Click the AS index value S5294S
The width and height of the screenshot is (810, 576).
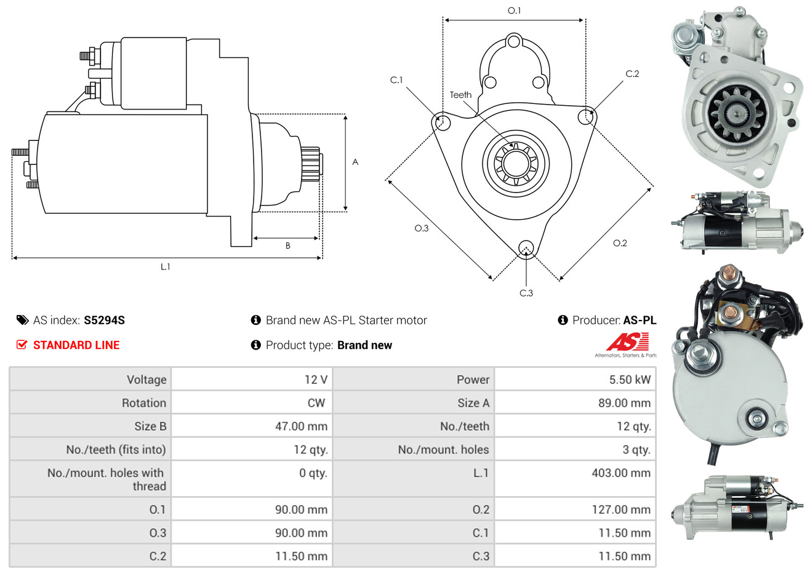(x=104, y=321)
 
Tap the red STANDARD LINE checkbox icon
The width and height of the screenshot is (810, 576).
(x=22, y=345)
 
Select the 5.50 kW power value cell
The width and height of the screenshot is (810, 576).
(x=630, y=380)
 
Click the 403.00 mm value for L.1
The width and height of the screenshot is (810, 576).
(x=621, y=473)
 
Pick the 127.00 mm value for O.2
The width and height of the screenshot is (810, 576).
(x=621, y=510)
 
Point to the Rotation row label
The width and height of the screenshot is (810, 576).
(x=144, y=403)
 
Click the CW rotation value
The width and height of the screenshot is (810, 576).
(x=316, y=403)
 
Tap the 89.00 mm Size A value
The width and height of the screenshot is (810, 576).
(x=625, y=403)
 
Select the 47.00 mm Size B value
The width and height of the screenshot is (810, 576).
(x=301, y=426)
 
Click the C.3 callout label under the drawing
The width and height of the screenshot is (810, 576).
(x=526, y=293)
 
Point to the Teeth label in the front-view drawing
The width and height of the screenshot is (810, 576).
(x=460, y=95)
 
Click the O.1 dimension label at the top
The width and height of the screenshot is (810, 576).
(x=514, y=10)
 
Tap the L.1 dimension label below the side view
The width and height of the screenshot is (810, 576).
(x=165, y=267)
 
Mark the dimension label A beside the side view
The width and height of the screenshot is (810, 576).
(x=355, y=162)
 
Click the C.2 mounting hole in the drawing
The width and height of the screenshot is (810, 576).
(x=585, y=116)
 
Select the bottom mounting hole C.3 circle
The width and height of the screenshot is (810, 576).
(x=526, y=248)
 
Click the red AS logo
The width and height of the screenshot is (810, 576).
(x=627, y=342)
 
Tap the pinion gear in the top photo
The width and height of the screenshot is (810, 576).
(x=737, y=115)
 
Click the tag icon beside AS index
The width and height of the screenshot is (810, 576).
(x=22, y=321)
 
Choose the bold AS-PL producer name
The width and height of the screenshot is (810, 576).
(x=640, y=321)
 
